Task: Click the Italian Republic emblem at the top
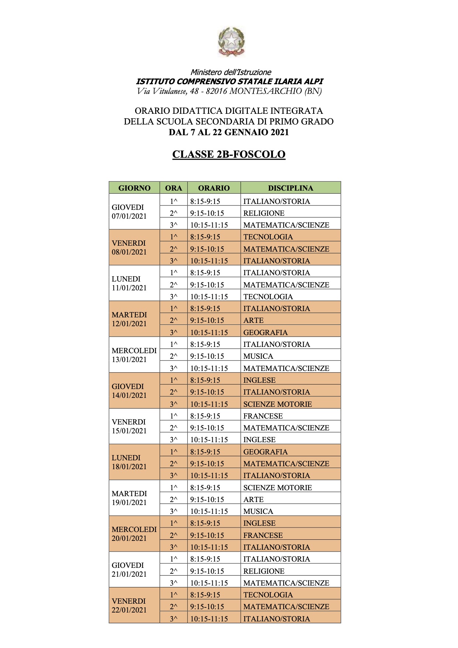[231, 41]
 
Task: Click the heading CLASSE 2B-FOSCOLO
[229, 154]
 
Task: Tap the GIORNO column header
[134, 188]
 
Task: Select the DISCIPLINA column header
[290, 188]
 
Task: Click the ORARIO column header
[214, 188]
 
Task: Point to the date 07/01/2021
[129, 216]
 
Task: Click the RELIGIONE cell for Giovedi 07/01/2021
[264, 213]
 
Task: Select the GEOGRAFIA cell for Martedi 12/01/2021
[265, 332]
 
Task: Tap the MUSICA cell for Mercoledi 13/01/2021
[258, 356]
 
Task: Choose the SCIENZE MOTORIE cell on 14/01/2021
[277, 404]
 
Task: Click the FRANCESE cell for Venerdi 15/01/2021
[263, 416]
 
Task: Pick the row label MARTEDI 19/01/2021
[129, 498]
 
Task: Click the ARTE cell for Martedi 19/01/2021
[253, 499]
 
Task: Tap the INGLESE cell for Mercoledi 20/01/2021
[259, 523]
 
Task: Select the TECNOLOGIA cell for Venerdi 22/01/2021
[268, 595]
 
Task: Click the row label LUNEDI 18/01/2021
[129, 462]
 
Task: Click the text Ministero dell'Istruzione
[231, 72]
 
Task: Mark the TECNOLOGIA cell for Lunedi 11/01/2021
[268, 296]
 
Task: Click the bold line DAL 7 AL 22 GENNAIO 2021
[229, 132]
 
